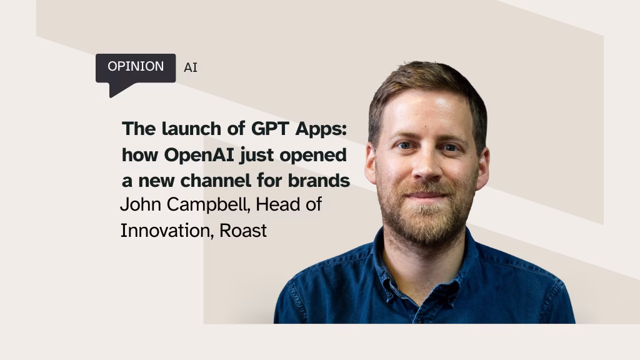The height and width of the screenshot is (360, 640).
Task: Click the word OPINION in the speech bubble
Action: [136, 66]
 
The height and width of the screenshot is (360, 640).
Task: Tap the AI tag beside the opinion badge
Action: [191, 67]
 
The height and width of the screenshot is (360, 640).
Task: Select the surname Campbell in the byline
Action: [208, 205]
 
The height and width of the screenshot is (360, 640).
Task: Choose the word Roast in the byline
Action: [243, 231]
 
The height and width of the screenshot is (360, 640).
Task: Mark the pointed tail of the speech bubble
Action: [110, 97]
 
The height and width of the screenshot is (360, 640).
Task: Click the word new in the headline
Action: [157, 181]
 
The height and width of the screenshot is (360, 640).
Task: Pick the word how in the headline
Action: [140, 155]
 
